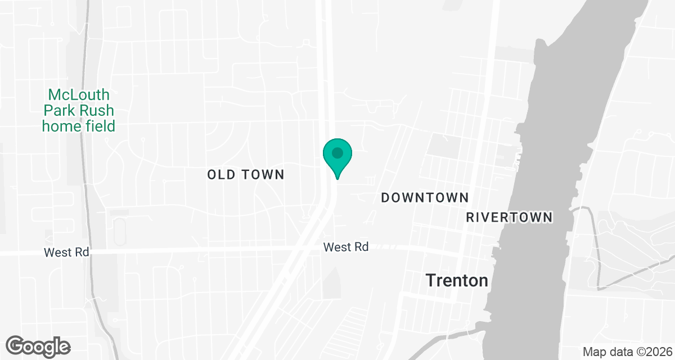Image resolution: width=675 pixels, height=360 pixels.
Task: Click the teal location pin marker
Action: (x=337, y=157)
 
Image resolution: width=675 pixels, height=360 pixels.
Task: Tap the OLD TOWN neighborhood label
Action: (x=246, y=174)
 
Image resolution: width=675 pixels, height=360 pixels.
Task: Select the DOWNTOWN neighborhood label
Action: (x=425, y=197)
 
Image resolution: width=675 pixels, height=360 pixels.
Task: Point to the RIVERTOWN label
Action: (x=510, y=217)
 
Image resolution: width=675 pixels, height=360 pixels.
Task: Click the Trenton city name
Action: (x=457, y=280)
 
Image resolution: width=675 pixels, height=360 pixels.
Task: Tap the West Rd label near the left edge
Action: (x=66, y=253)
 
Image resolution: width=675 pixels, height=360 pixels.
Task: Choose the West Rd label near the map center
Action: (x=346, y=247)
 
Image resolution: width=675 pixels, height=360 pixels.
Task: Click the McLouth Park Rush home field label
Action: (x=79, y=110)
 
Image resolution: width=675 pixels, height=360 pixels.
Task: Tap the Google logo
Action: (x=38, y=346)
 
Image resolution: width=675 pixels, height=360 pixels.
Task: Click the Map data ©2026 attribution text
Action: (x=627, y=352)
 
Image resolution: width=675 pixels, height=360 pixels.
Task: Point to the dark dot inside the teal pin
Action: (x=337, y=152)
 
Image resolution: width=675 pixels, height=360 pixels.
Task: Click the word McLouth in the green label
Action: (x=79, y=94)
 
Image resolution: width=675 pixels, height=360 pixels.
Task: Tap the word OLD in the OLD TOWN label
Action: (x=219, y=174)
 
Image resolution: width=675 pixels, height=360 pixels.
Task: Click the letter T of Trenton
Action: (x=431, y=280)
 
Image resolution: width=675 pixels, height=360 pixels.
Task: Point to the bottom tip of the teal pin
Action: (x=337, y=178)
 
